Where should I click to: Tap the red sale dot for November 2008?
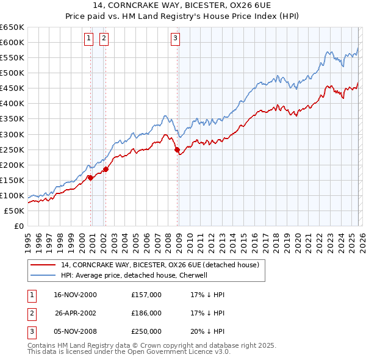click(177, 149)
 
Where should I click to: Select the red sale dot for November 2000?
click(90, 178)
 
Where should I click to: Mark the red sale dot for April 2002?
click(106, 168)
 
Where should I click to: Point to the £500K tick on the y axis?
click(12, 73)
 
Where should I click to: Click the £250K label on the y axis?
click(12, 149)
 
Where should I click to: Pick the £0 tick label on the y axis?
click(18, 226)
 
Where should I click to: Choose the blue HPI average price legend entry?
click(134, 275)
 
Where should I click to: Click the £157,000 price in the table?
click(146, 295)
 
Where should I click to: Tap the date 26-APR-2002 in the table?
click(76, 313)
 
